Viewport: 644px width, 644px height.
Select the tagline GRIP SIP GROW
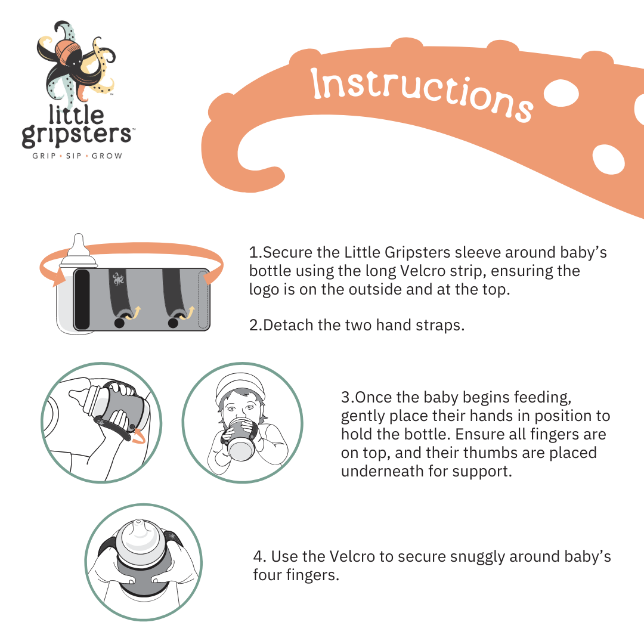77,156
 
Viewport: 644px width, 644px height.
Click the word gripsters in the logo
76,134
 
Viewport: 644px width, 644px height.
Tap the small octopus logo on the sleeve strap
118,279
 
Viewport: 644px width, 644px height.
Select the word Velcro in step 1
423,271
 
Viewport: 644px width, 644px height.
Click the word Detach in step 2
289,325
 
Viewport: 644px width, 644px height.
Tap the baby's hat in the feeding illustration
240,388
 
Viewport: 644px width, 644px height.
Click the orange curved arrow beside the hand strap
138,436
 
